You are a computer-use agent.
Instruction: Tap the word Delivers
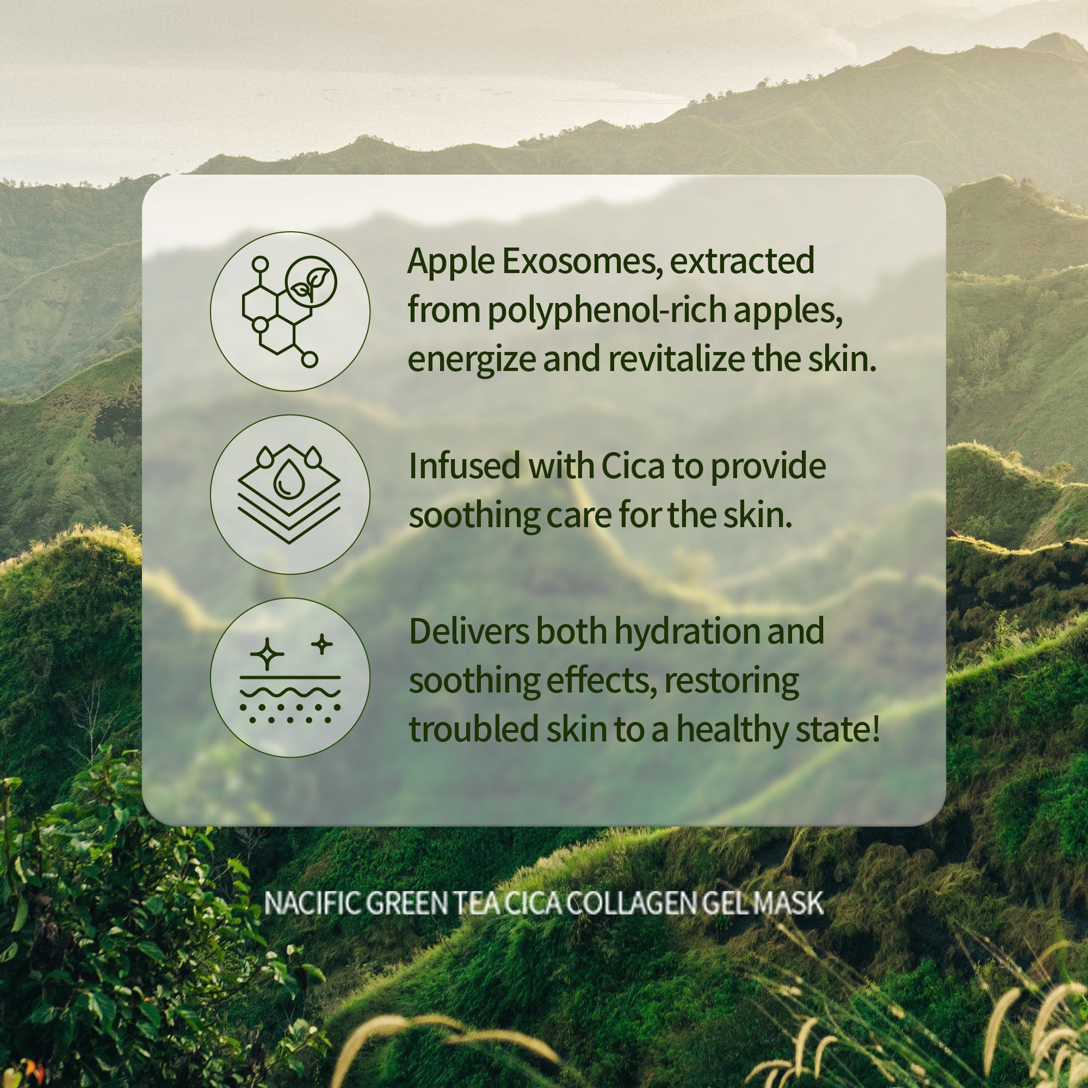468,631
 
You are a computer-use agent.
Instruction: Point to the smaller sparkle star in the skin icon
322,644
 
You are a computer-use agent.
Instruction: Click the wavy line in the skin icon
290,691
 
